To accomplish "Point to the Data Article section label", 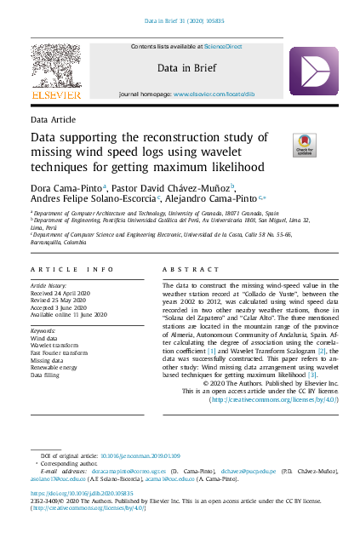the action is click(x=53, y=120).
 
